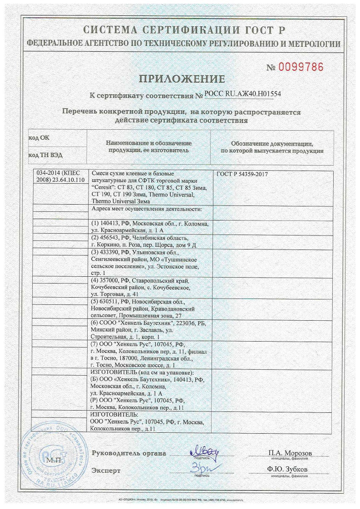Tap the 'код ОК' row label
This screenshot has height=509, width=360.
pyautogui.click(x=39, y=137)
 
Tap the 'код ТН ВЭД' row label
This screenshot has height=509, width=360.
pyautogui.click(x=45, y=155)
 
